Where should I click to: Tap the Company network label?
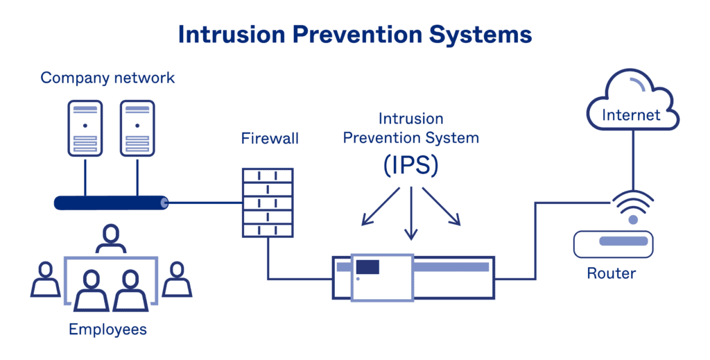tap(107, 77)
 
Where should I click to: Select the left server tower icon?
tap(85, 128)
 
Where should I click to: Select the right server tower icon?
tap(137, 128)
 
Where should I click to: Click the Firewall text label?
tap(270, 138)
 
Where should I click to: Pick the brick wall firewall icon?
tap(268, 203)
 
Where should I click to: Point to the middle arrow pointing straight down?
tap(411, 215)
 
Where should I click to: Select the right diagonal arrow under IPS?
tap(442, 207)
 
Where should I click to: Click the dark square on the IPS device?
tap(367, 266)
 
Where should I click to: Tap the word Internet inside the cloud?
tap(631, 114)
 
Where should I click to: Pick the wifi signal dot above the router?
tap(632, 220)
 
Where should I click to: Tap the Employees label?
tap(107, 329)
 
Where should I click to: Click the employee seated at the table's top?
tap(111, 239)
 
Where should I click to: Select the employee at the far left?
tap(46, 279)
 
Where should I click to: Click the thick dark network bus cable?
tap(111, 203)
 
